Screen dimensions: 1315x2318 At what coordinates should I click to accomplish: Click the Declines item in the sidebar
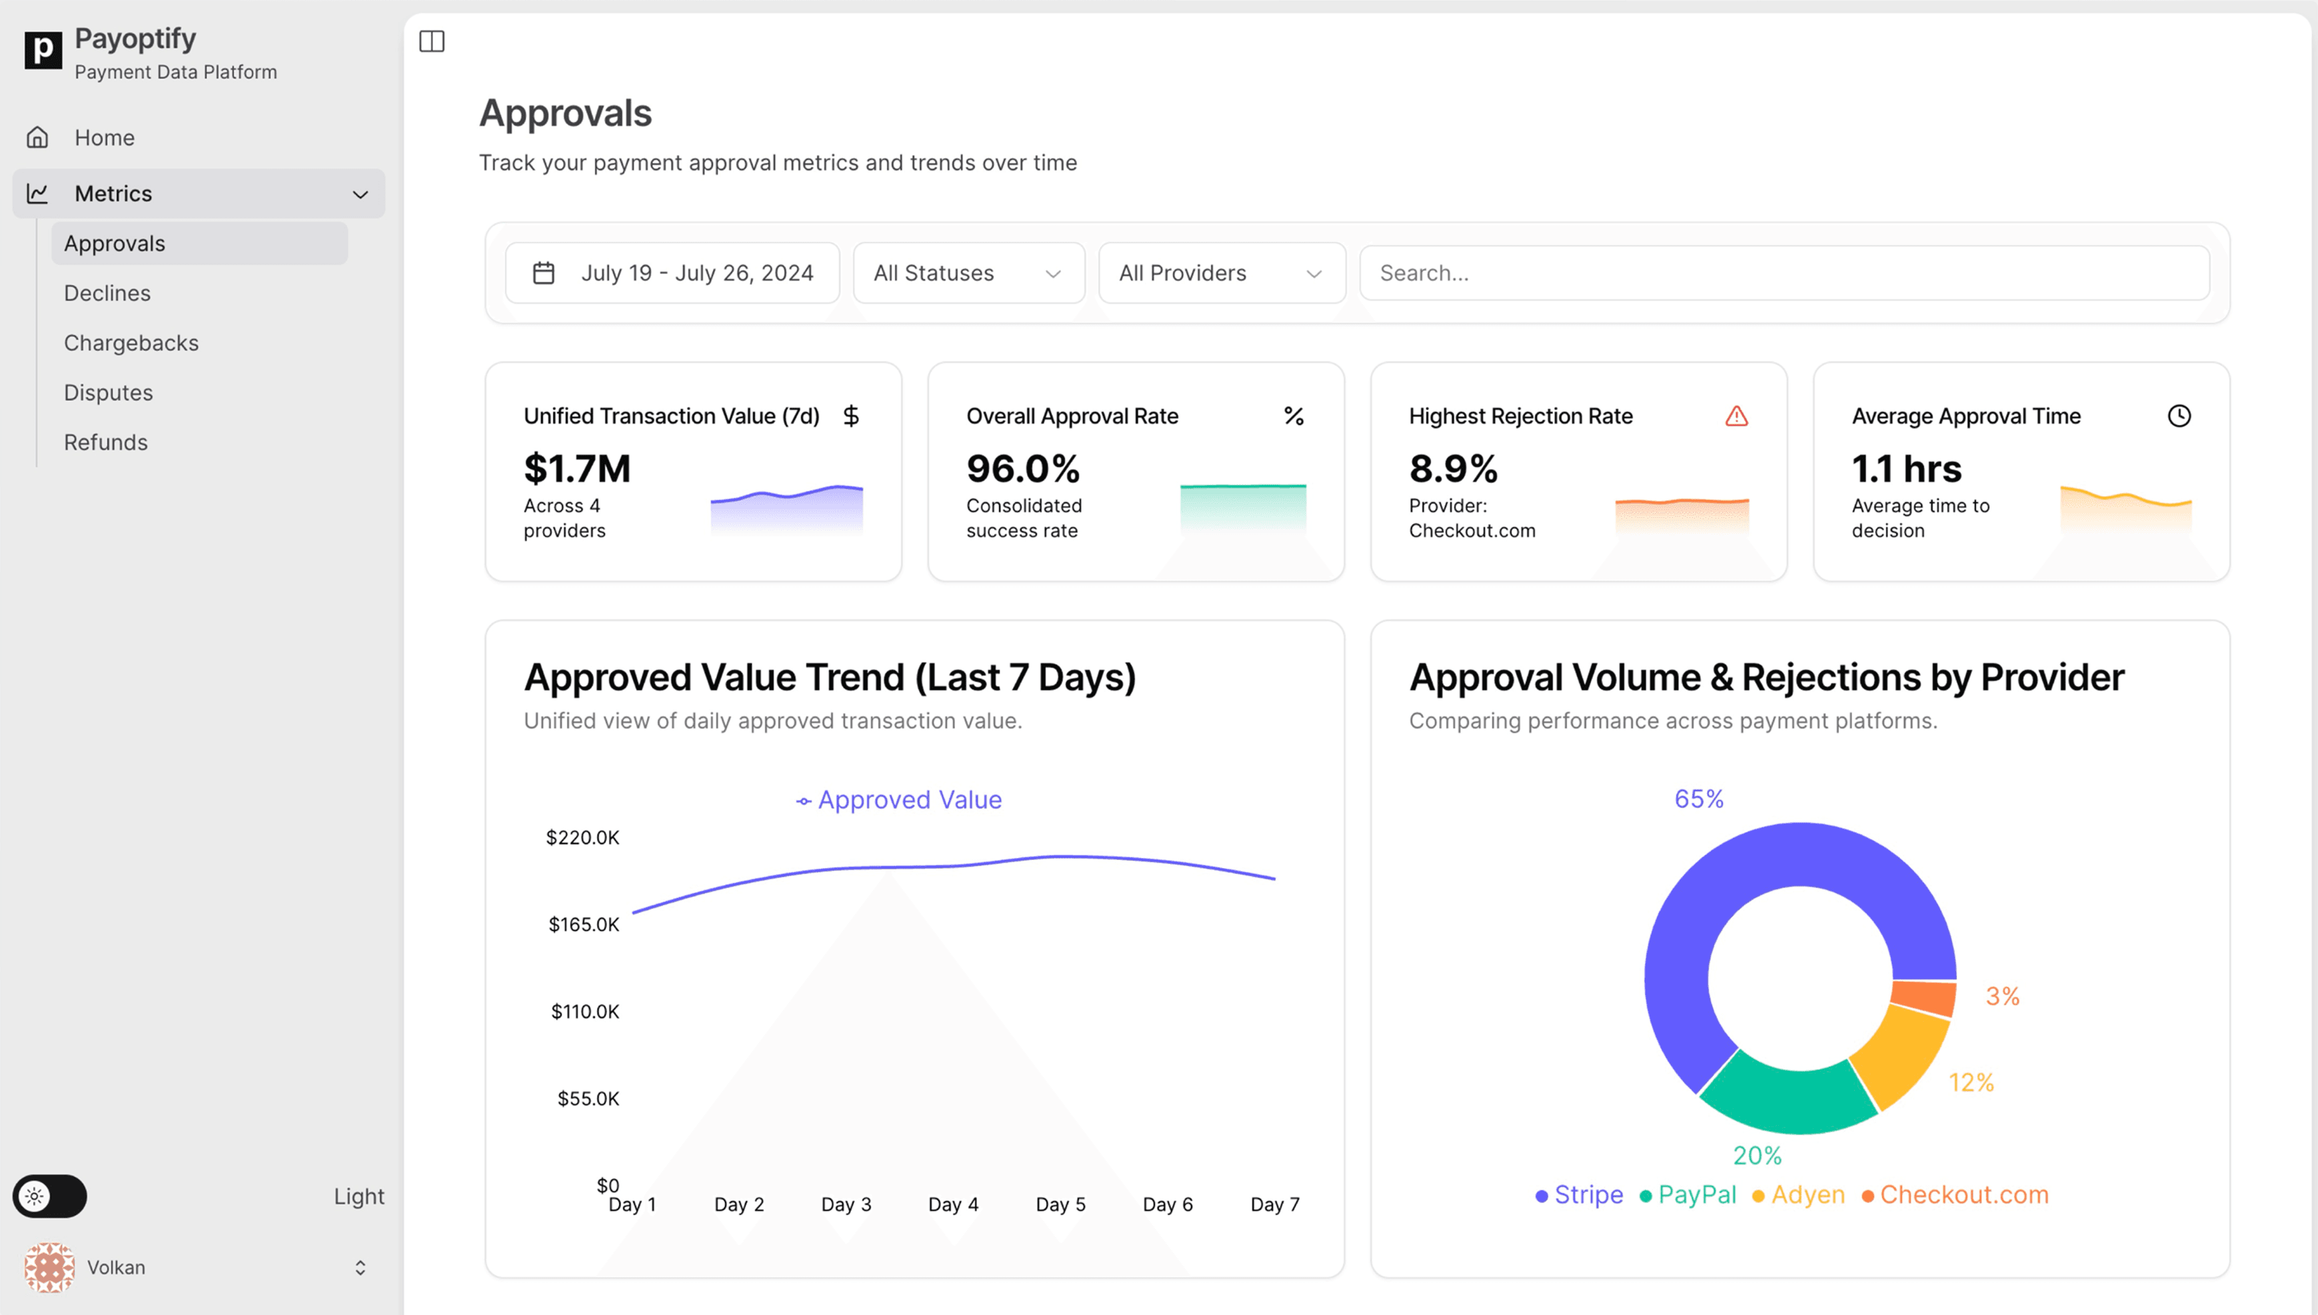pyautogui.click(x=107, y=293)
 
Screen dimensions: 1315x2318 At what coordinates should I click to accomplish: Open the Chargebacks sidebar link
pyautogui.click(x=131, y=343)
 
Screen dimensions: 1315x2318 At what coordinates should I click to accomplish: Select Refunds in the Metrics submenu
pyautogui.click(x=106, y=443)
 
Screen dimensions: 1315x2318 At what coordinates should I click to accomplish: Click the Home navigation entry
pyautogui.click(x=104, y=137)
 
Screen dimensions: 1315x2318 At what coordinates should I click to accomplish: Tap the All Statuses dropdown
pyautogui.click(x=968, y=273)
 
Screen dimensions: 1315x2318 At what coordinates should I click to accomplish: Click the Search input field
pyautogui.click(x=1783, y=273)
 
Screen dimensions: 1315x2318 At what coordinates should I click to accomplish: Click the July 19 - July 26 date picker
pyautogui.click(x=672, y=273)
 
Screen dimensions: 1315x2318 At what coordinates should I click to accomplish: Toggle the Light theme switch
pyautogui.click(x=50, y=1196)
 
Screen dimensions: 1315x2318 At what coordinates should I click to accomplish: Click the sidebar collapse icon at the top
pyautogui.click(x=432, y=41)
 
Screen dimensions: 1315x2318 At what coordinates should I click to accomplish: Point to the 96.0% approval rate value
pyautogui.click(x=1022, y=469)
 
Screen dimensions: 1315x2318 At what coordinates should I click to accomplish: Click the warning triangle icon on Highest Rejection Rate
pyautogui.click(x=1736, y=417)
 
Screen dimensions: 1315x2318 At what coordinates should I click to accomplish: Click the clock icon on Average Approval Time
pyautogui.click(x=2178, y=417)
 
